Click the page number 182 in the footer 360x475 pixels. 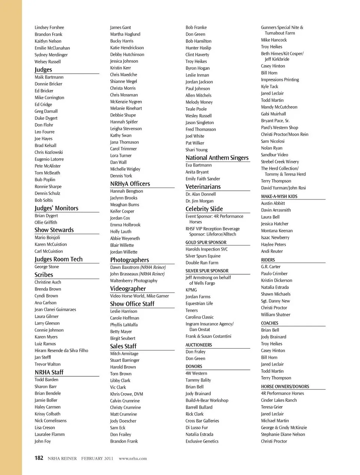click(x=39, y=458)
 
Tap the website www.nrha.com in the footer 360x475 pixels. click(x=133, y=458)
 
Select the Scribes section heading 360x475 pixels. click(x=44, y=275)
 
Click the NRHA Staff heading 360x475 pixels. click(x=49, y=372)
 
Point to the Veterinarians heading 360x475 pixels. click(x=203, y=187)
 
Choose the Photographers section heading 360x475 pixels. click(x=129, y=260)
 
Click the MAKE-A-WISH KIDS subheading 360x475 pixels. click(x=279, y=197)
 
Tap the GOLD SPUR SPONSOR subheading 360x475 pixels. click(x=206, y=243)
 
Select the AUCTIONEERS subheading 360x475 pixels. click(x=199, y=345)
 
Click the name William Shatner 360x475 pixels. click(x=276, y=315)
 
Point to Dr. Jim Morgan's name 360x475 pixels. click(x=199, y=201)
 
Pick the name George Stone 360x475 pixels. click(x=47, y=267)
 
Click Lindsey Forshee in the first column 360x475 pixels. click(x=49, y=28)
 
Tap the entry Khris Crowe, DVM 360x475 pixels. click(x=126, y=394)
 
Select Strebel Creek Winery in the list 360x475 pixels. click(x=280, y=162)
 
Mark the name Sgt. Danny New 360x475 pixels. click(x=275, y=301)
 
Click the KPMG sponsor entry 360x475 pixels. click(x=191, y=290)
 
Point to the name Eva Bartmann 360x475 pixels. click(x=198, y=165)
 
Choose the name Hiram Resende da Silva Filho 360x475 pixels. click(x=61, y=350)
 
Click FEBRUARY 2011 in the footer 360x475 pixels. click(x=97, y=458)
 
